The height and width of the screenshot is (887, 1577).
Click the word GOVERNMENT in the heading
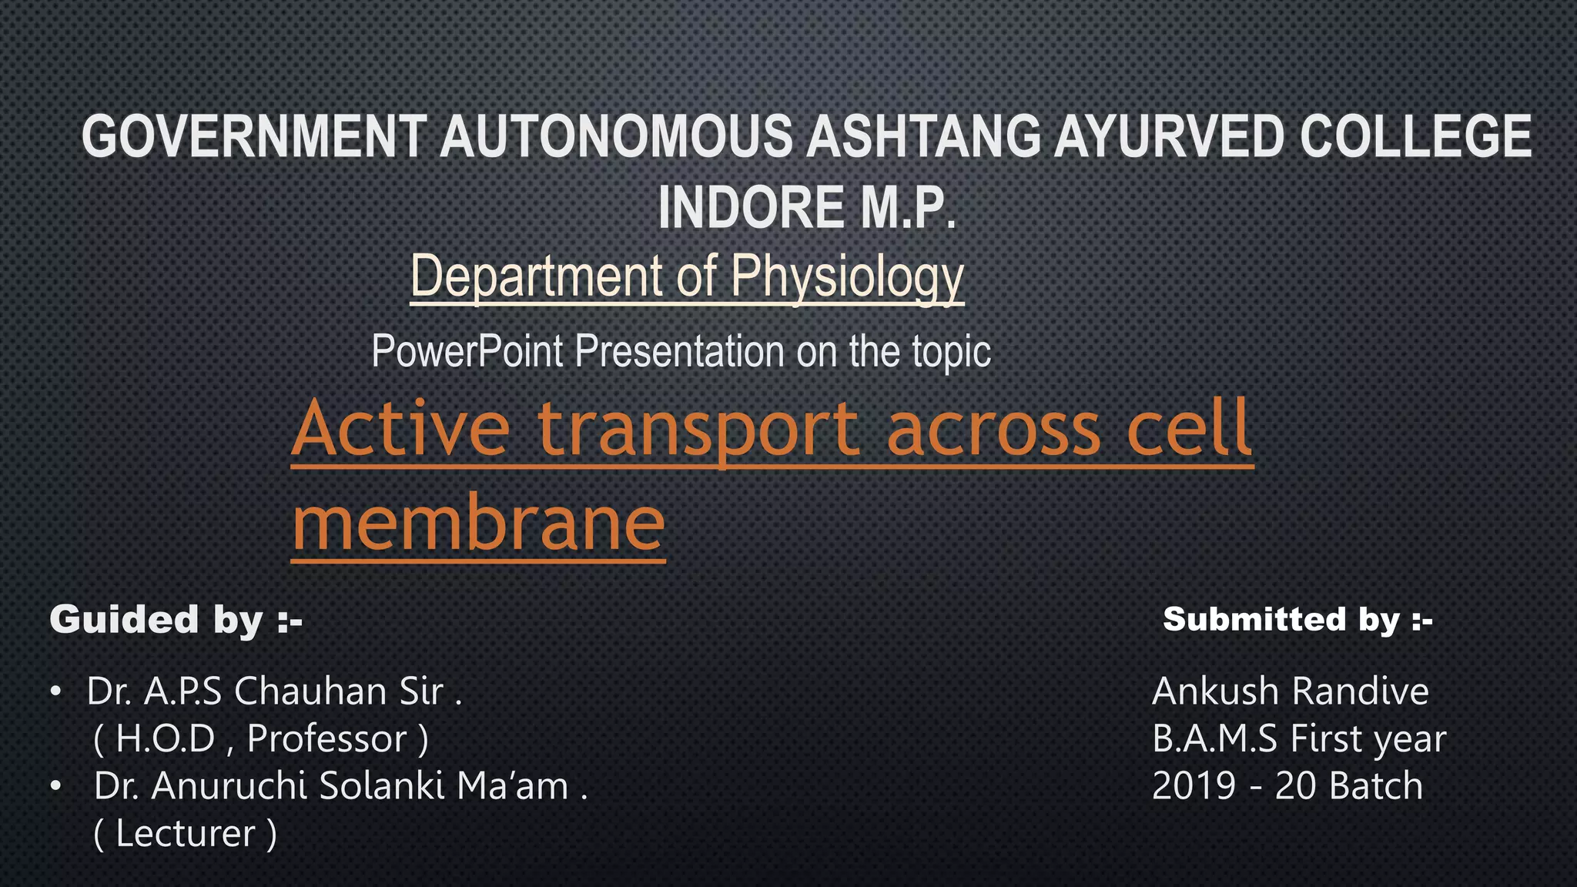[x=254, y=136]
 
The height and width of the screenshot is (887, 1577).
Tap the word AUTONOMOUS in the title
[x=616, y=136]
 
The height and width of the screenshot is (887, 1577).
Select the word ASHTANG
[x=923, y=136]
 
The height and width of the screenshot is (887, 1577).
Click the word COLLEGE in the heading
[x=1416, y=136]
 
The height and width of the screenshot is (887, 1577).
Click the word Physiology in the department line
[x=847, y=276]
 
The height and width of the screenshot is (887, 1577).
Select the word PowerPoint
[x=467, y=351]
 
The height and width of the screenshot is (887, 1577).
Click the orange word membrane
[x=478, y=523]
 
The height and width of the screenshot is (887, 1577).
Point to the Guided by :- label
[x=176, y=619]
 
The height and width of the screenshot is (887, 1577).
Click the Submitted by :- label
[x=1297, y=619]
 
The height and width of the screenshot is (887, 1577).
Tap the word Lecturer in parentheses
[x=185, y=833]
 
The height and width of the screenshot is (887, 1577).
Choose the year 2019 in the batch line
[x=1194, y=785]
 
